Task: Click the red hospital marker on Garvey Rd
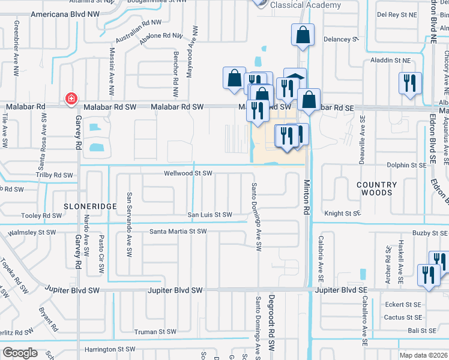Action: pos(71,98)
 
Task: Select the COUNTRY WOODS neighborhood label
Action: pos(377,189)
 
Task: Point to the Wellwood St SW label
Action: pos(188,173)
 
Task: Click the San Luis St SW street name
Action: pos(209,214)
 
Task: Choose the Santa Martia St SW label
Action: pos(178,231)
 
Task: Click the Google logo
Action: pos(20,353)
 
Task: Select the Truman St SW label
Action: pos(155,331)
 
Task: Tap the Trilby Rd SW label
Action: pos(51,175)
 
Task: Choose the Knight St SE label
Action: pos(342,213)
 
